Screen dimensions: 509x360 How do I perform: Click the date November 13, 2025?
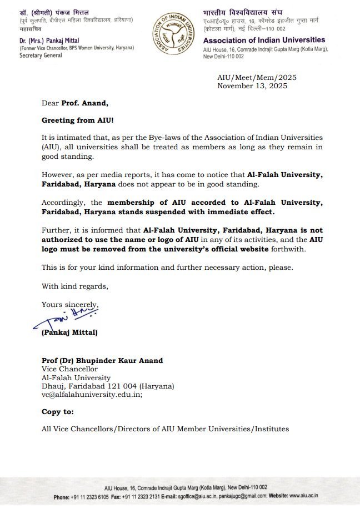coord(253,86)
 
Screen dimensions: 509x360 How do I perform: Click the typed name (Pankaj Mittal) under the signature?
coord(69,333)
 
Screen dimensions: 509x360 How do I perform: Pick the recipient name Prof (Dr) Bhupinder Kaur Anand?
coord(102,361)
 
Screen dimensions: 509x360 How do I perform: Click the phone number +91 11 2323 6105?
coord(91,496)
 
